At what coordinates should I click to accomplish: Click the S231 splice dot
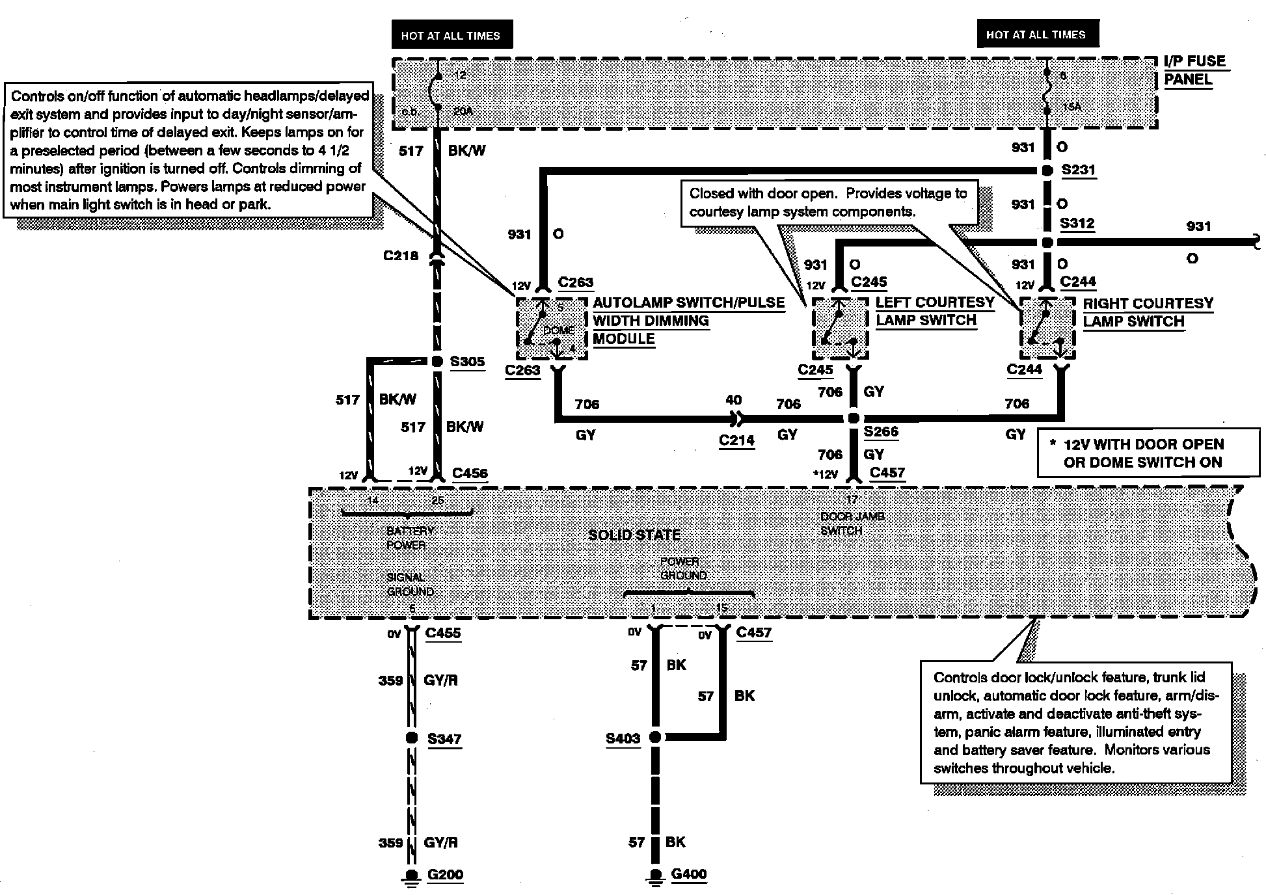pyautogui.click(x=1046, y=171)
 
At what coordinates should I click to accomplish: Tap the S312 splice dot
pyautogui.click(x=1046, y=243)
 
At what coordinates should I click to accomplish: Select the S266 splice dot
pyautogui.click(x=854, y=418)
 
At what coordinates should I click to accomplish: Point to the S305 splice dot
pyautogui.click(x=438, y=361)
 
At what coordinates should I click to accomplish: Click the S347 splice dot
pyautogui.click(x=411, y=738)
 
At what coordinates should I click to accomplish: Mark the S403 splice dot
pyautogui.click(x=655, y=737)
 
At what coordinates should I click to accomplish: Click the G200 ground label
pyautogui.click(x=445, y=874)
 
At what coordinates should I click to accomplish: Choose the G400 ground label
pyautogui.click(x=688, y=874)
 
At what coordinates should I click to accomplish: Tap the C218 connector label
pyautogui.click(x=401, y=256)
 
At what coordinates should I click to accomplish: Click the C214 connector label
pyautogui.click(x=736, y=440)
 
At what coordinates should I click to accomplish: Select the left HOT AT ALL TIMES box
pyautogui.click(x=451, y=36)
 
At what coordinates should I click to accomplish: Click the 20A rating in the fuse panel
pyautogui.click(x=463, y=111)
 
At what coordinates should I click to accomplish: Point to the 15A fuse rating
pyautogui.click(x=1071, y=107)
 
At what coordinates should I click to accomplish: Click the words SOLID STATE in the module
pyautogui.click(x=634, y=535)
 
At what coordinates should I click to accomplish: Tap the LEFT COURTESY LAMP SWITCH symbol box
pyautogui.click(x=841, y=328)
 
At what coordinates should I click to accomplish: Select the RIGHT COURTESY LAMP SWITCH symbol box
pyautogui.click(x=1047, y=328)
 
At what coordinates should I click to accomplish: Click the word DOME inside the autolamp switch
pyautogui.click(x=558, y=330)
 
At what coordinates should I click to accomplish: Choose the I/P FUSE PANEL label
pyautogui.click(x=1194, y=70)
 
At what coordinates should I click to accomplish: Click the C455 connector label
pyautogui.click(x=442, y=633)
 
